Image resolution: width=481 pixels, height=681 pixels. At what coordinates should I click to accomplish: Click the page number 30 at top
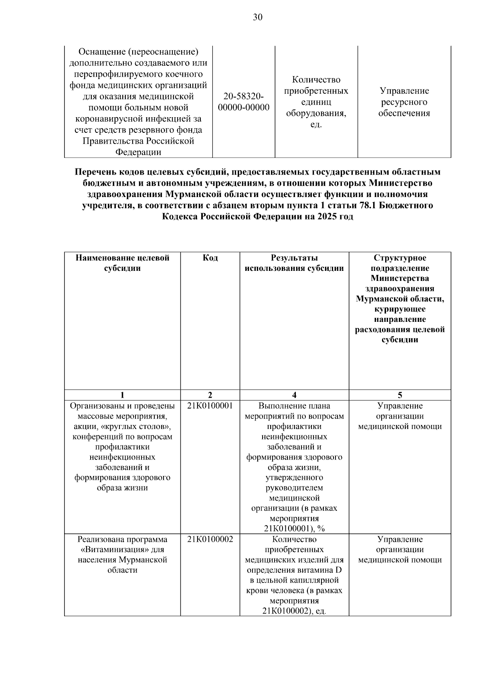(x=258, y=17)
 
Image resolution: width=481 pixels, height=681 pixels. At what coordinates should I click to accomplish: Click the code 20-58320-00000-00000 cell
(x=244, y=102)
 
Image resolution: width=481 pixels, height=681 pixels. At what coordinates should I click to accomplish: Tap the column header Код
(x=210, y=258)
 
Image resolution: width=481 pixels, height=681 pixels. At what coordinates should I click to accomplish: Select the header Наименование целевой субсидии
(x=122, y=263)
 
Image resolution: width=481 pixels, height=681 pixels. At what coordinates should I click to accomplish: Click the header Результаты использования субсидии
(x=294, y=263)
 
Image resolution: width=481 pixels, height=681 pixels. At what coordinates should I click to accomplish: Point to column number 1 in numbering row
(x=122, y=395)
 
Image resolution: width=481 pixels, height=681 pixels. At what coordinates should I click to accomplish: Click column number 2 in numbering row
(x=210, y=395)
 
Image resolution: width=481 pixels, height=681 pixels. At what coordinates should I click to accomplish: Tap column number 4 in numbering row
(x=294, y=395)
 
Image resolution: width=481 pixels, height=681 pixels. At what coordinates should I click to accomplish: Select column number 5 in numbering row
(x=400, y=395)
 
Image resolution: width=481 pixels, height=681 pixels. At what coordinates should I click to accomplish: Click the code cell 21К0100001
(x=210, y=406)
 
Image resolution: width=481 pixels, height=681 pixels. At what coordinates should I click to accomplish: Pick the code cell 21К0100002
(x=210, y=539)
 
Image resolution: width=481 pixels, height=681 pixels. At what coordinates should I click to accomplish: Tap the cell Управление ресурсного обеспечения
(x=404, y=102)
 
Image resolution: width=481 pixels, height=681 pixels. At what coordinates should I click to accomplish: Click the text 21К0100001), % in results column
(x=294, y=529)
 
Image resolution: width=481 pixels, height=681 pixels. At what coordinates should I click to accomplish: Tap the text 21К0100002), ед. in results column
(x=294, y=611)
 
